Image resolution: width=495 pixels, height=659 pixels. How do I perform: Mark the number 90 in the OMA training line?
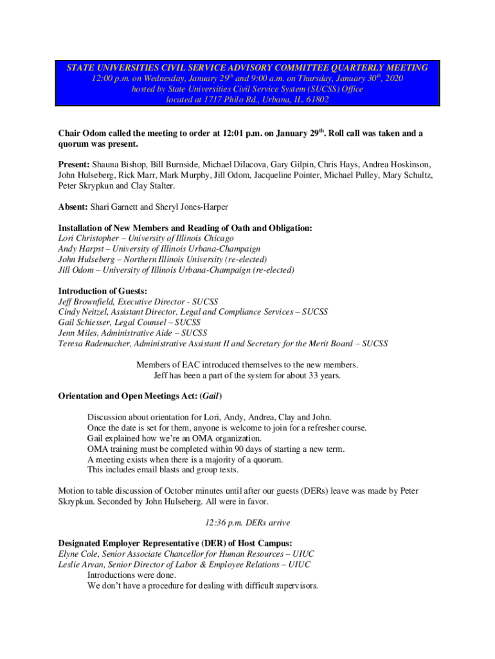(238, 449)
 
